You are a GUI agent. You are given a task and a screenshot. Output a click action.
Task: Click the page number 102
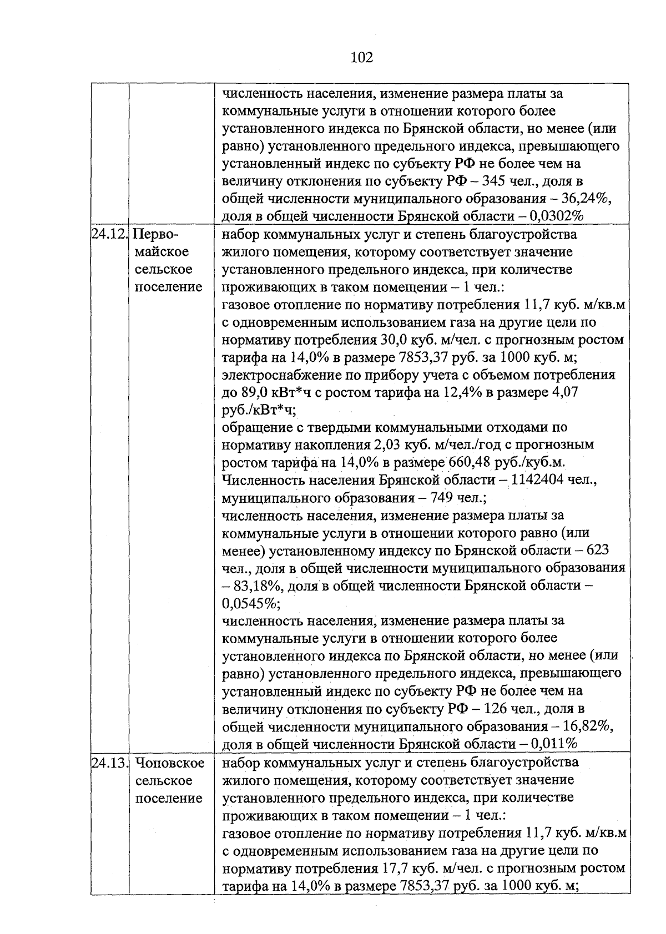pyautogui.click(x=362, y=57)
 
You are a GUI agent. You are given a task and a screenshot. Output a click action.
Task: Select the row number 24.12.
pyautogui.click(x=109, y=234)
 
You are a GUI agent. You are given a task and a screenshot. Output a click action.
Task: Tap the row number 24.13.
pyautogui.click(x=109, y=763)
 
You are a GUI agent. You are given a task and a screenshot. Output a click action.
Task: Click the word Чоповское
pyautogui.click(x=169, y=763)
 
